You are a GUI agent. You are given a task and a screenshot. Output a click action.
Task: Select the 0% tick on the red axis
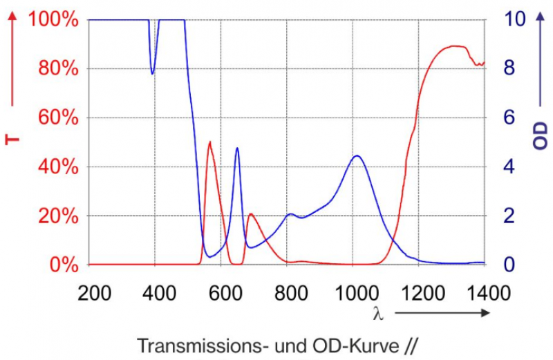click(63, 265)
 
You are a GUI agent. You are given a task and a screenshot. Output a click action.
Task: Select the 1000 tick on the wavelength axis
click(355, 292)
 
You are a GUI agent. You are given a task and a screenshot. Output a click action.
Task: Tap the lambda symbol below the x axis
click(377, 313)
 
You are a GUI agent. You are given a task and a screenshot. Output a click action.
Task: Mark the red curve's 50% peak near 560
click(210, 142)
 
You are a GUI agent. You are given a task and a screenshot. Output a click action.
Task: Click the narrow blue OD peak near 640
click(237, 149)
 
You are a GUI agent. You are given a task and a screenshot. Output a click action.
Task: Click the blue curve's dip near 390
click(153, 73)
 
